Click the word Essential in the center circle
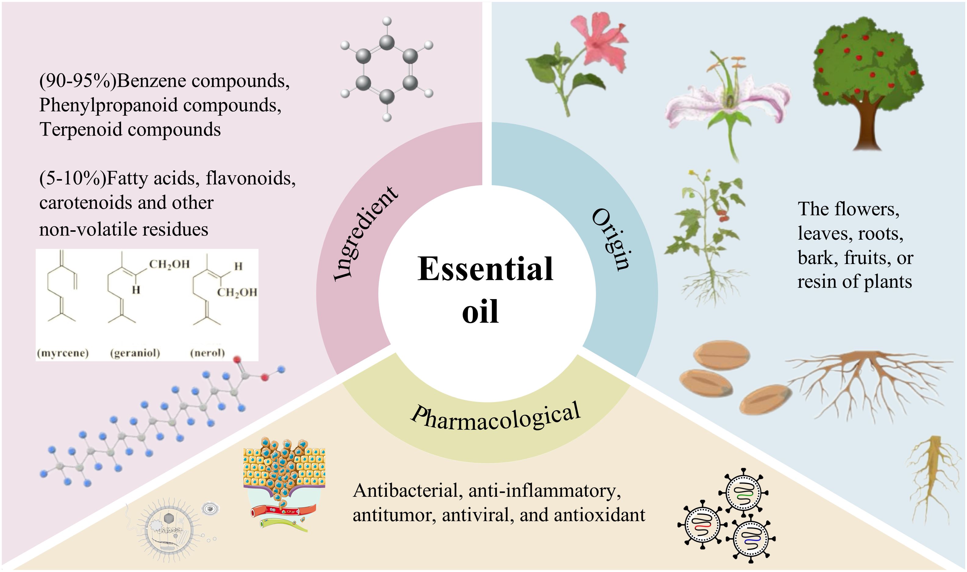point(485,269)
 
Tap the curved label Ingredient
point(365,234)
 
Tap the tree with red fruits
point(868,81)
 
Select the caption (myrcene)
point(63,353)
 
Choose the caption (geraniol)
point(135,353)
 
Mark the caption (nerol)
point(208,353)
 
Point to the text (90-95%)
point(77,81)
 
